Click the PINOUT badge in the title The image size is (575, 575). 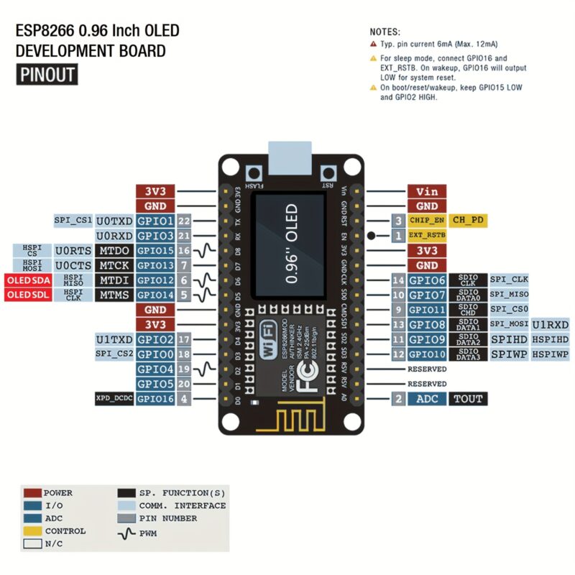click(46, 75)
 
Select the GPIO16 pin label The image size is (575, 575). click(155, 398)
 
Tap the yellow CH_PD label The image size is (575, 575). click(468, 220)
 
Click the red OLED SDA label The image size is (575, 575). click(27, 280)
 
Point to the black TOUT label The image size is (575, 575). click(467, 398)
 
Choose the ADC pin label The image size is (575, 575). click(427, 398)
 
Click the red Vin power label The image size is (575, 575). click(427, 191)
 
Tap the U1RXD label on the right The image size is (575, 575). click(550, 324)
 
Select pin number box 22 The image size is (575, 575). click(184, 221)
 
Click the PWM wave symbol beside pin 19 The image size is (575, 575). click(207, 369)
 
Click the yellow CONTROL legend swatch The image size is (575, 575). click(32, 531)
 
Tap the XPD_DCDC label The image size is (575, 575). click(114, 398)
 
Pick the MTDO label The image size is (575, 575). click(114, 250)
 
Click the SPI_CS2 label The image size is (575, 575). click(114, 354)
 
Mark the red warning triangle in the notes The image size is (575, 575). click(373, 44)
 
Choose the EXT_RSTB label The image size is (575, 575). click(427, 235)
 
